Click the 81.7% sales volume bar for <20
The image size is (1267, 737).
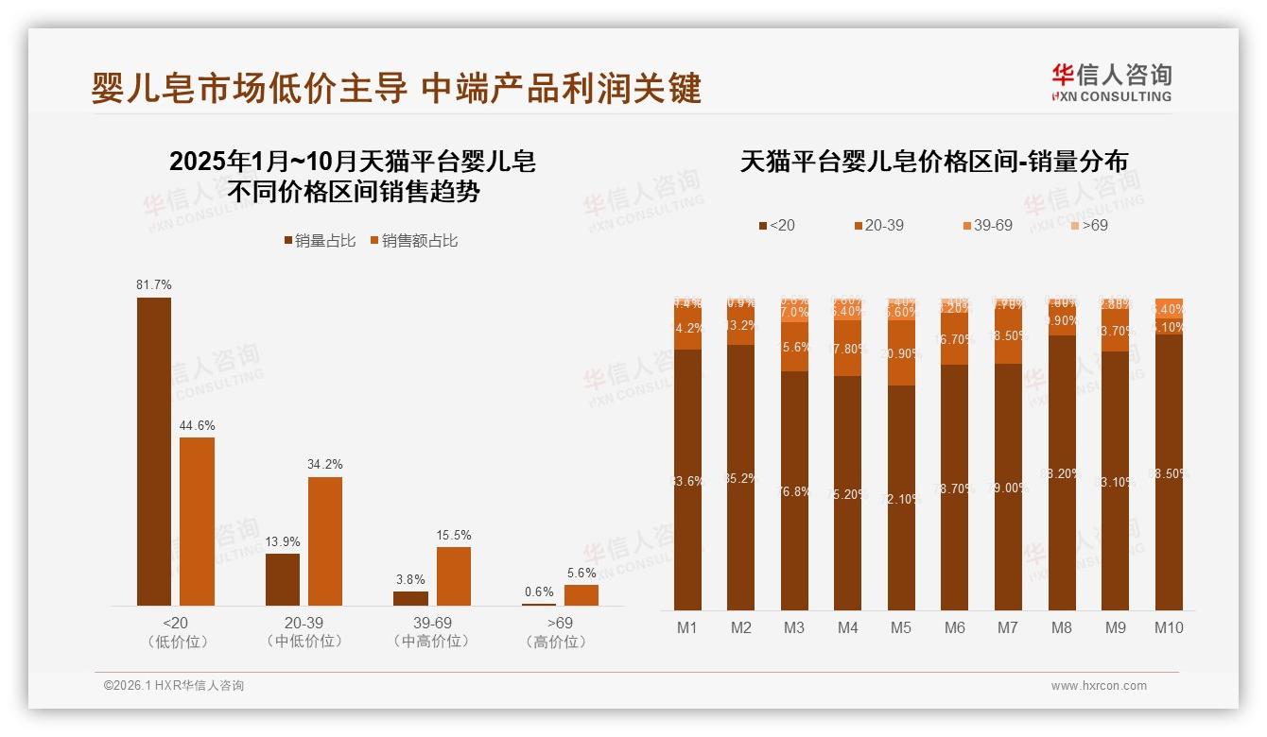tap(154, 451)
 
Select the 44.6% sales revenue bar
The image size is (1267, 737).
tap(197, 521)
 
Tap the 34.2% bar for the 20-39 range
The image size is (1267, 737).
tap(325, 540)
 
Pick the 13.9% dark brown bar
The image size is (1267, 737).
tap(282, 579)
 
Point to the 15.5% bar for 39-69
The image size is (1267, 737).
tap(453, 575)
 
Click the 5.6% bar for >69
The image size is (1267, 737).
tap(581, 594)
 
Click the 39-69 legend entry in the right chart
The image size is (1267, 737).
tap(987, 226)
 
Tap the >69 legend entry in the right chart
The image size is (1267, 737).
tap(1088, 226)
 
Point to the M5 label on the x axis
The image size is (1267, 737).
tap(901, 627)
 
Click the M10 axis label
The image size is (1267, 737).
tap(1169, 627)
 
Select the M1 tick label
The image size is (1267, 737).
tap(687, 627)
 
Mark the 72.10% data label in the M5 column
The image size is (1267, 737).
tap(901, 498)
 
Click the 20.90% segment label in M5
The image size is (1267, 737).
tap(901, 353)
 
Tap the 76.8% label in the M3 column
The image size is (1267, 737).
tap(794, 491)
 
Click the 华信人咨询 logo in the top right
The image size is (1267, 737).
tap(1111, 82)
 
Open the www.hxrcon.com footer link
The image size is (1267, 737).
tap(1099, 686)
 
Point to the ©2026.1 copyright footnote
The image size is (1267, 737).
tap(174, 686)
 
